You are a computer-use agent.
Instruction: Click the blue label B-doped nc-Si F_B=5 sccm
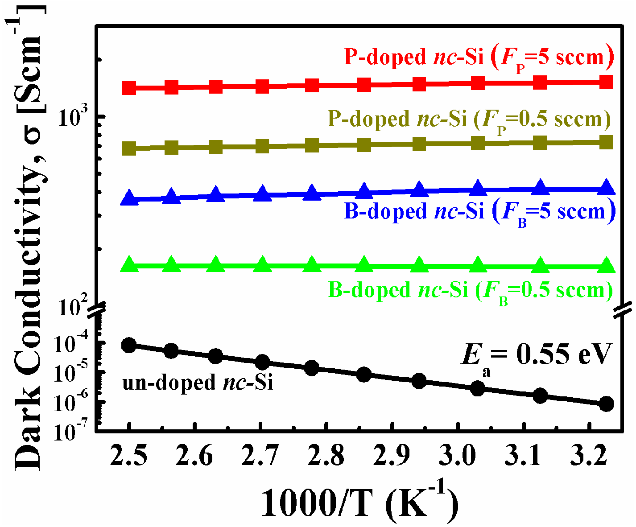(x=480, y=211)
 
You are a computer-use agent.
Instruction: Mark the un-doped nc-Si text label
(x=198, y=383)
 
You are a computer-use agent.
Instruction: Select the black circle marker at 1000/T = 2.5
(x=129, y=345)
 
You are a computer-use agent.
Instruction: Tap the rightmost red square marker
(x=606, y=82)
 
